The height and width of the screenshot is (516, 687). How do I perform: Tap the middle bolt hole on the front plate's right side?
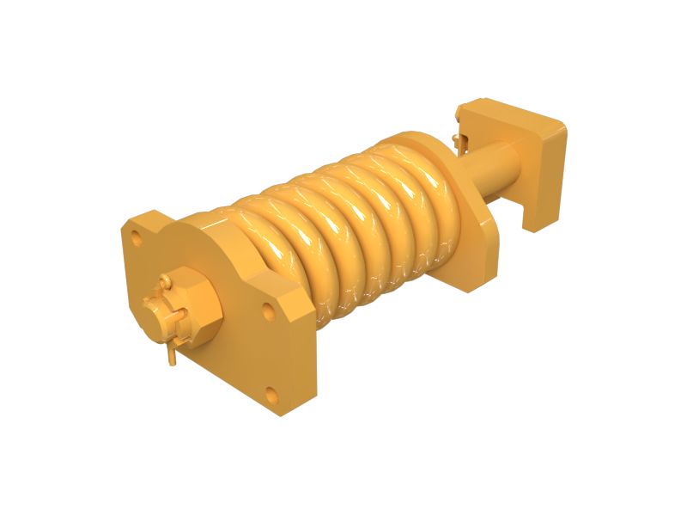[x=269, y=311]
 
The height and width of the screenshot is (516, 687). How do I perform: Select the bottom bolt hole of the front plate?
[x=271, y=395]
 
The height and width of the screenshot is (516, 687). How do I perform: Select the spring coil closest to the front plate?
[x=258, y=249]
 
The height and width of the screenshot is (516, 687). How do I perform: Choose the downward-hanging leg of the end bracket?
[x=537, y=206]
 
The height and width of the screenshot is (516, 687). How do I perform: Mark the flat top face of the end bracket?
[x=507, y=112]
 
